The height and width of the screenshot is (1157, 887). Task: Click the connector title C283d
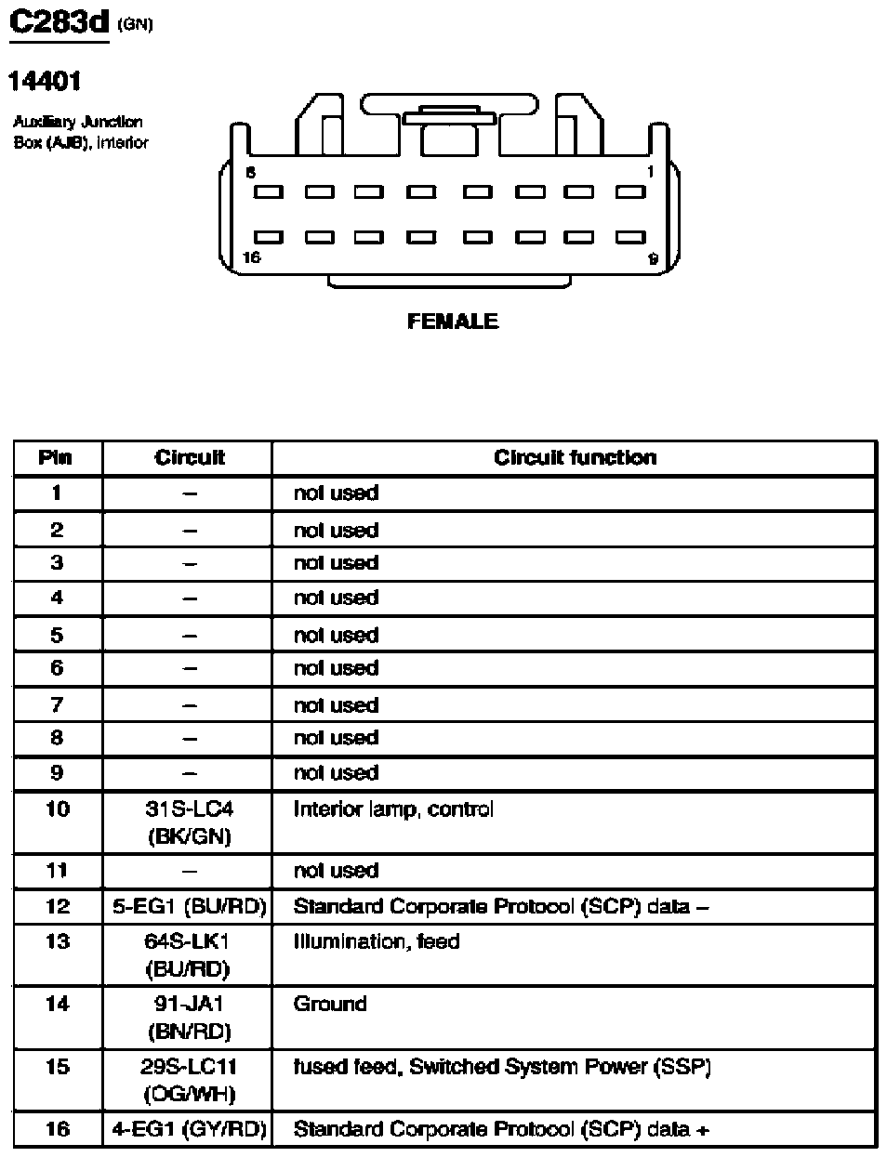[x=59, y=22]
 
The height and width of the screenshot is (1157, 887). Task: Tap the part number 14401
[x=45, y=82]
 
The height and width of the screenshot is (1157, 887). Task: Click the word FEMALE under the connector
[x=453, y=322]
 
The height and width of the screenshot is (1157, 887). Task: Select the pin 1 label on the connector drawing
[x=650, y=172]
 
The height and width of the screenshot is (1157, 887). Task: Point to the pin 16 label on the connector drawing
[x=251, y=257]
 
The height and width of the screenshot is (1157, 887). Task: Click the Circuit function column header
[x=575, y=457]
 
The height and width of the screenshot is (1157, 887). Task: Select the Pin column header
[x=56, y=457]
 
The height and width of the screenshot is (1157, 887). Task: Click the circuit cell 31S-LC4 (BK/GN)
[x=189, y=822]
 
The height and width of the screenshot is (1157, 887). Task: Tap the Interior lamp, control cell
[x=393, y=809]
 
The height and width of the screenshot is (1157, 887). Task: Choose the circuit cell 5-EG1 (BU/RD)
[x=189, y=906]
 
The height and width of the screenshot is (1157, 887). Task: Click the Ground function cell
[x=330, y=1004]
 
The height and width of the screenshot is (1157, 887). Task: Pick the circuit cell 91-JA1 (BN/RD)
[x=189, y=1018]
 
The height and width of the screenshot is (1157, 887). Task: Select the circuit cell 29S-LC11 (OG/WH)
[x=189, y=1080]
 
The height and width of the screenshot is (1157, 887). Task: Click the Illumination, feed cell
[x=377, y=941]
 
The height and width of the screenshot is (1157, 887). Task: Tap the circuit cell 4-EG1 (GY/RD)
[x=189, y=1129]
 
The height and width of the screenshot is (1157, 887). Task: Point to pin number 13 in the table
[x=57, y=941]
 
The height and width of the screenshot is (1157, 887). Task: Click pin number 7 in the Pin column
[x=57, y=704]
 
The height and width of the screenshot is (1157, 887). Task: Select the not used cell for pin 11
[x=336, y=871]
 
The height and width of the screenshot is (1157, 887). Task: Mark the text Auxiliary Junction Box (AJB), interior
[x=80, y=132]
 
